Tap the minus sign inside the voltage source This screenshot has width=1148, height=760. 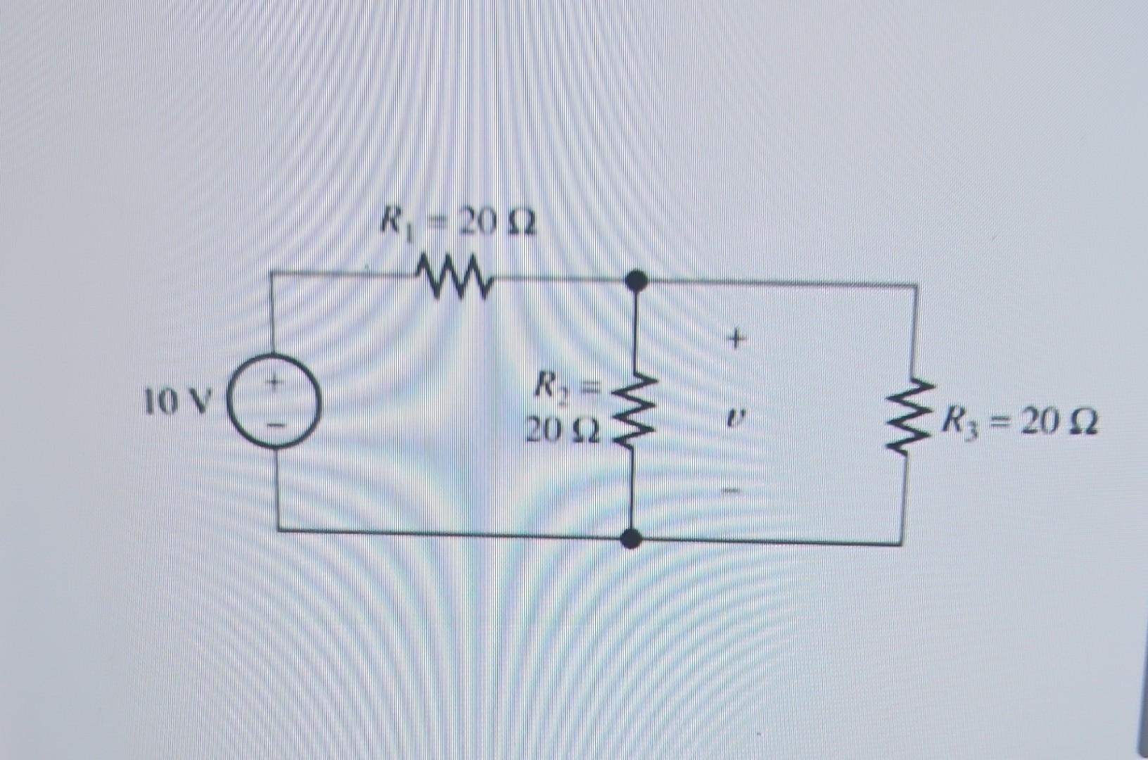click(x=276, y=424)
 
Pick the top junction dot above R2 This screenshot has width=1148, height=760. click(x=636, y=281)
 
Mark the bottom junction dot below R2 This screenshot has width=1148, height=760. click(x=632, y=539)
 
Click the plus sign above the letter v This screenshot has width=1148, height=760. click(x=735, y=341)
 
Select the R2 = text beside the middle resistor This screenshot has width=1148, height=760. click(x=565, y=386)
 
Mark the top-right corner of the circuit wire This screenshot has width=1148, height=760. click(x=915, y=286)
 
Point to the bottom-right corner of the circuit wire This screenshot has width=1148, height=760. click(x=902, y=543)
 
